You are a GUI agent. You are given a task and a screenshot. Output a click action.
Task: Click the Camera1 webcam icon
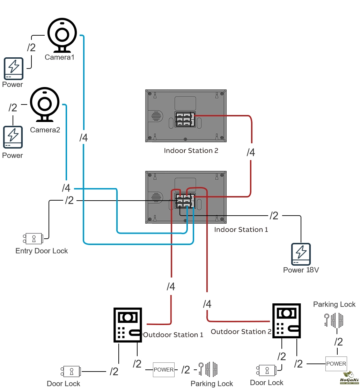click(62, 35)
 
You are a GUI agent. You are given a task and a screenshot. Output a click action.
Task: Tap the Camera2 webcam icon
click(44, 104)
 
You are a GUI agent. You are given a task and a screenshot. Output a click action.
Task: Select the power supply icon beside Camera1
click(14, 69)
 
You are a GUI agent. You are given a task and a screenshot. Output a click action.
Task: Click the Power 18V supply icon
click(301, 254)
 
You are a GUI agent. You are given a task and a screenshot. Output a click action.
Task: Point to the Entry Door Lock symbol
click(34, 238)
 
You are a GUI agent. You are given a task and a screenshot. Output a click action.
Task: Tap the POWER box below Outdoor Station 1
click(163, 370)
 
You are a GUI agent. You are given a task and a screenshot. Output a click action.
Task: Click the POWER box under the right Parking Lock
click(336, 364)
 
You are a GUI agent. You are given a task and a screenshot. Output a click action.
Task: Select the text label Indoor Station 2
click(191, 151)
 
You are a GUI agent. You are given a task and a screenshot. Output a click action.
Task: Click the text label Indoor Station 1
click(241, 230)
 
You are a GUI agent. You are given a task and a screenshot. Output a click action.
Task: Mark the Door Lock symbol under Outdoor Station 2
click(266, 370)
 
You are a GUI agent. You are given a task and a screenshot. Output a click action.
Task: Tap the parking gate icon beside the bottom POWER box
click(208, 369)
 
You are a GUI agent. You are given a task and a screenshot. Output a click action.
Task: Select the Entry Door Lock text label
click(42, 251)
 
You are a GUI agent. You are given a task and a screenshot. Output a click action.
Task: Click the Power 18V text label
click(301, 270)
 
